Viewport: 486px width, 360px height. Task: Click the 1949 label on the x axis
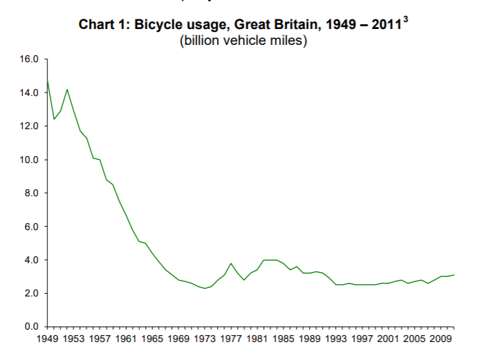coord(46,339)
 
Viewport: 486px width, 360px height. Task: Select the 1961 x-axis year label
coord(125,339)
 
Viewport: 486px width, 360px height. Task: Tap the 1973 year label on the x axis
coord(204,339)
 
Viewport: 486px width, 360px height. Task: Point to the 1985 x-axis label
coord(283,339)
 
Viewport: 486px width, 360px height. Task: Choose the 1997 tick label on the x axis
coord(362,339)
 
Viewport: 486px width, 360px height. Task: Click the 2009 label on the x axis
coord(441,339)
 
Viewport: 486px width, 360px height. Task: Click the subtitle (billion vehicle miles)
coord(243,41)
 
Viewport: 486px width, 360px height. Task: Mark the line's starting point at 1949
coord(47,80)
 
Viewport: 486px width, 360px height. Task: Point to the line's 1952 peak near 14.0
coord(67,89)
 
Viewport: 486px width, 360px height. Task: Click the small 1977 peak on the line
coord(231,263)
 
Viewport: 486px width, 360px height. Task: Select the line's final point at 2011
coord(454,275)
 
